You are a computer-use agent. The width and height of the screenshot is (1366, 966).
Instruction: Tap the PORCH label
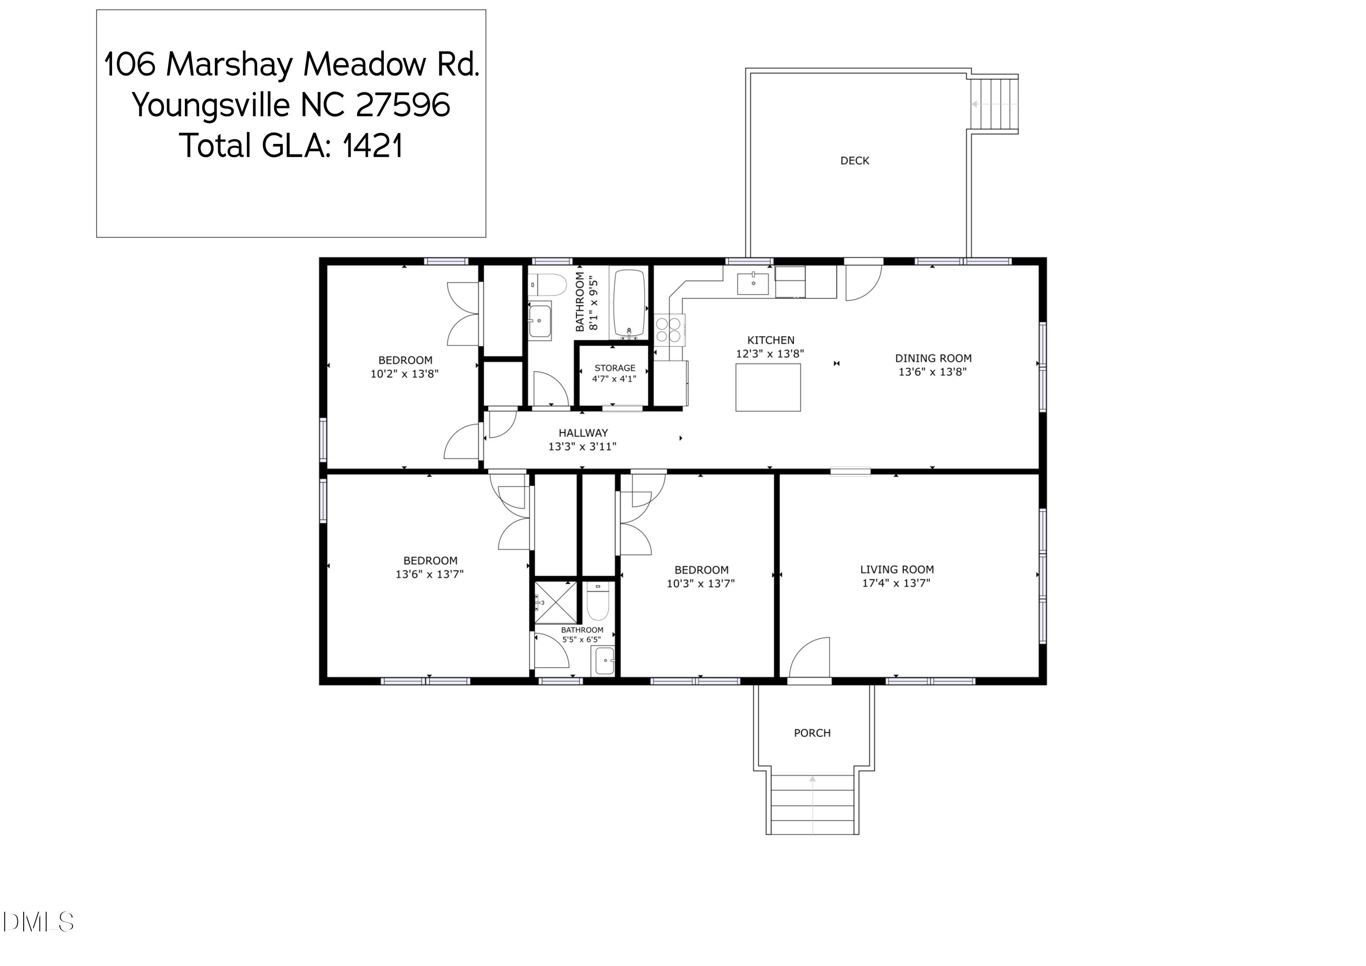click(x=812, y=733)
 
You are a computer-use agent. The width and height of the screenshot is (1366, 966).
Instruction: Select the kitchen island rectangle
click(x=768, y=388)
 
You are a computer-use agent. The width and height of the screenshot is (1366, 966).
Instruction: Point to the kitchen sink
click(x=753, y=283)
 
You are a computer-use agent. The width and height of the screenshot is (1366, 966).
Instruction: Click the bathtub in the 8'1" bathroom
click(x=629, y=303)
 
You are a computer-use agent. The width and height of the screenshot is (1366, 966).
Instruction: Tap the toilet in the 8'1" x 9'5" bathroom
click(x=547, y=285)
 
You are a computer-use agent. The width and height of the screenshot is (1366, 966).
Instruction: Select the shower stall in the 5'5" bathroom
click(x=556, y=603)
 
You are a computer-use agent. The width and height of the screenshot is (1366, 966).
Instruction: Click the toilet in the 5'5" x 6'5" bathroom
click(x=598, y=602)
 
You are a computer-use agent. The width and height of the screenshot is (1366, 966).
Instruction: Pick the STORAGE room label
click(x=615, y=368)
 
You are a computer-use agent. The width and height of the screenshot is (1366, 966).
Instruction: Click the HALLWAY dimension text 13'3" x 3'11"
click(x=582, y=446)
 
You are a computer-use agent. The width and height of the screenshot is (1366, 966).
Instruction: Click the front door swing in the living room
click(x=809, y=657)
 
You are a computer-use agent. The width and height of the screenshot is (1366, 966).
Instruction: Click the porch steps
click(x=812, y=805)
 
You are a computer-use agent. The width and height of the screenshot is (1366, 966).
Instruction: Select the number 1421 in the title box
click(x=372, y=146)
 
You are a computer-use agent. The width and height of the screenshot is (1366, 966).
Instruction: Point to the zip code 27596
click(x=403, y=105)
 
